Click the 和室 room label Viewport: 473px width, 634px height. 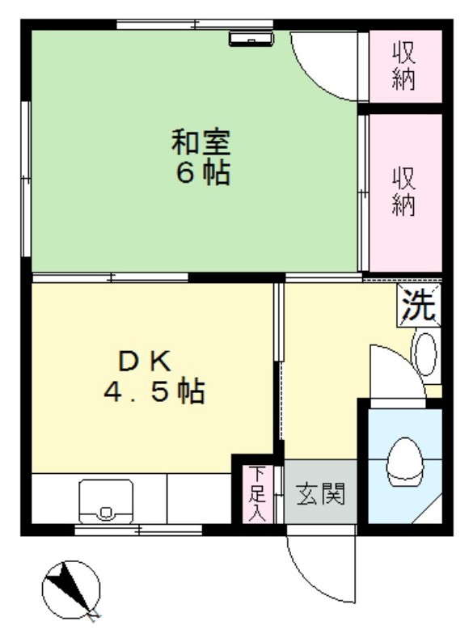201,142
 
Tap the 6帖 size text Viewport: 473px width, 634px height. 203,173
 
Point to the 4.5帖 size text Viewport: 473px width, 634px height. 154,391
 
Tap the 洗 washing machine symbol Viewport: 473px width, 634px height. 419,305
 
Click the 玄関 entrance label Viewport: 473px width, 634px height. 321,493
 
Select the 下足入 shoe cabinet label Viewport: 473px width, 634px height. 256,493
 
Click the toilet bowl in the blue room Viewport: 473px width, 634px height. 404,463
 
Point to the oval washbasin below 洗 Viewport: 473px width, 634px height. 425,354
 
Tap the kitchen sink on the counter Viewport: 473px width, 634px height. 106,501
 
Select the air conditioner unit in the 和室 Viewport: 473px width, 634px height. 251,39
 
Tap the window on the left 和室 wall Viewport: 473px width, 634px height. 26,179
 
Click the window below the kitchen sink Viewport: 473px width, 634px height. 138,529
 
